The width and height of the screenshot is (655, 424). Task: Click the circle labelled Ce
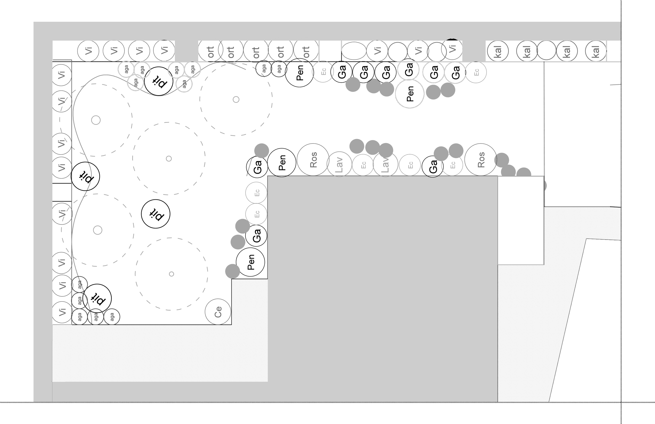tap(218, 312)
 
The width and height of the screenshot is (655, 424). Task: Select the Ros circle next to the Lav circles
tap(313, 160)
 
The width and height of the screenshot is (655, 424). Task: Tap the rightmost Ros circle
tap(481, 160)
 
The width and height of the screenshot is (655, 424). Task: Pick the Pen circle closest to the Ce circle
tap(250, 262)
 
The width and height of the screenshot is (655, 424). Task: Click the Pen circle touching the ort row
tap(299, 73)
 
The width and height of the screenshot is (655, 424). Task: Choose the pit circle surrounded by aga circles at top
tap(158, 81)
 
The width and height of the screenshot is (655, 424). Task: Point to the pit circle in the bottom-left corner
tap(97, 298)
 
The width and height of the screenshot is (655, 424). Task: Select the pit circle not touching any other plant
tap(156, 214)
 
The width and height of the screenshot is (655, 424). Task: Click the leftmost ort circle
tap(210, 51)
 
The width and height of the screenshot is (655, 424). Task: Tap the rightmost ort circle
tap(306, 51)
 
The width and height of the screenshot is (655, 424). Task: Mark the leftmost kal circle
tap(498, 51)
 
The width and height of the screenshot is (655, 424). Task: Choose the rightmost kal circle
tap(596, 51)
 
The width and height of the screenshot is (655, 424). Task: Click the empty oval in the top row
tap(354, 51)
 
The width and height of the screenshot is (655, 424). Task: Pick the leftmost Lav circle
tap(339, 164)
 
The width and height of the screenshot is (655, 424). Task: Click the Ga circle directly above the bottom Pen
tap(256, 236)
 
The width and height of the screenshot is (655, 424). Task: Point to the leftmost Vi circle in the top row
tap(88, 51)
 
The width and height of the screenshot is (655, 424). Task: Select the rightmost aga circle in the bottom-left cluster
tap(112, 317)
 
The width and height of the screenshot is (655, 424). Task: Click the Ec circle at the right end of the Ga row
tap(476, 72)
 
